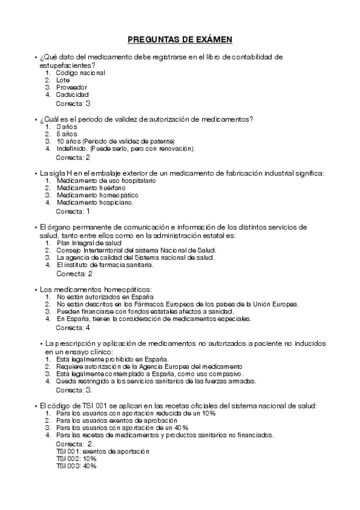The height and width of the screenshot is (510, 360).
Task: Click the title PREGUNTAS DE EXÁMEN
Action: pyautogui.click(x=180, y=40)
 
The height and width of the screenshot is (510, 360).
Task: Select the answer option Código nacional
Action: pyautogui.click(x=81, y=73)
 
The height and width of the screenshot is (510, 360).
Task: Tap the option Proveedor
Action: pyautogui.click(x=72, y=87)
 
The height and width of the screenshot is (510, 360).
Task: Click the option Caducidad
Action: pyautogui.click(x=73, y=94)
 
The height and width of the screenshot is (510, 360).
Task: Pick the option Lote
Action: pyautogui.click(x=63, y=80)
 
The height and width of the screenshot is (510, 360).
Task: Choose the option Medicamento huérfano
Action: pyautogui.click(x=87, y=188)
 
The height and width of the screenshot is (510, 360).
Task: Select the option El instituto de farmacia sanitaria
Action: pyautogui.click(x=105, y=265)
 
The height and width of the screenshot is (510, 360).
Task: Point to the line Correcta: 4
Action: pyautogui.click(x=73, y=328)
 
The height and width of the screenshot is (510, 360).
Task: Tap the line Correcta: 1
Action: pyautogui.click(x=73, y=211)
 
